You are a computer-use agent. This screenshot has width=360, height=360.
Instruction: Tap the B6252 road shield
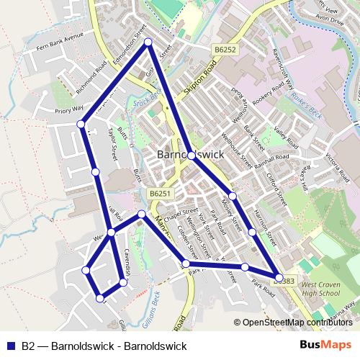point(225,49)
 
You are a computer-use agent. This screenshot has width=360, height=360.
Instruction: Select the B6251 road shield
point(161,194)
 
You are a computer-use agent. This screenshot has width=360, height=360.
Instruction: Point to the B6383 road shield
point(284,281)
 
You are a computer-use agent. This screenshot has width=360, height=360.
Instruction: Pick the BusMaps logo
point(324,345)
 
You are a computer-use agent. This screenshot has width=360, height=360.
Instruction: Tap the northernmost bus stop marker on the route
point(148,43)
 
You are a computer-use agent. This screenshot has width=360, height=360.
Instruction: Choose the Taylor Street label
point(112,143)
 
